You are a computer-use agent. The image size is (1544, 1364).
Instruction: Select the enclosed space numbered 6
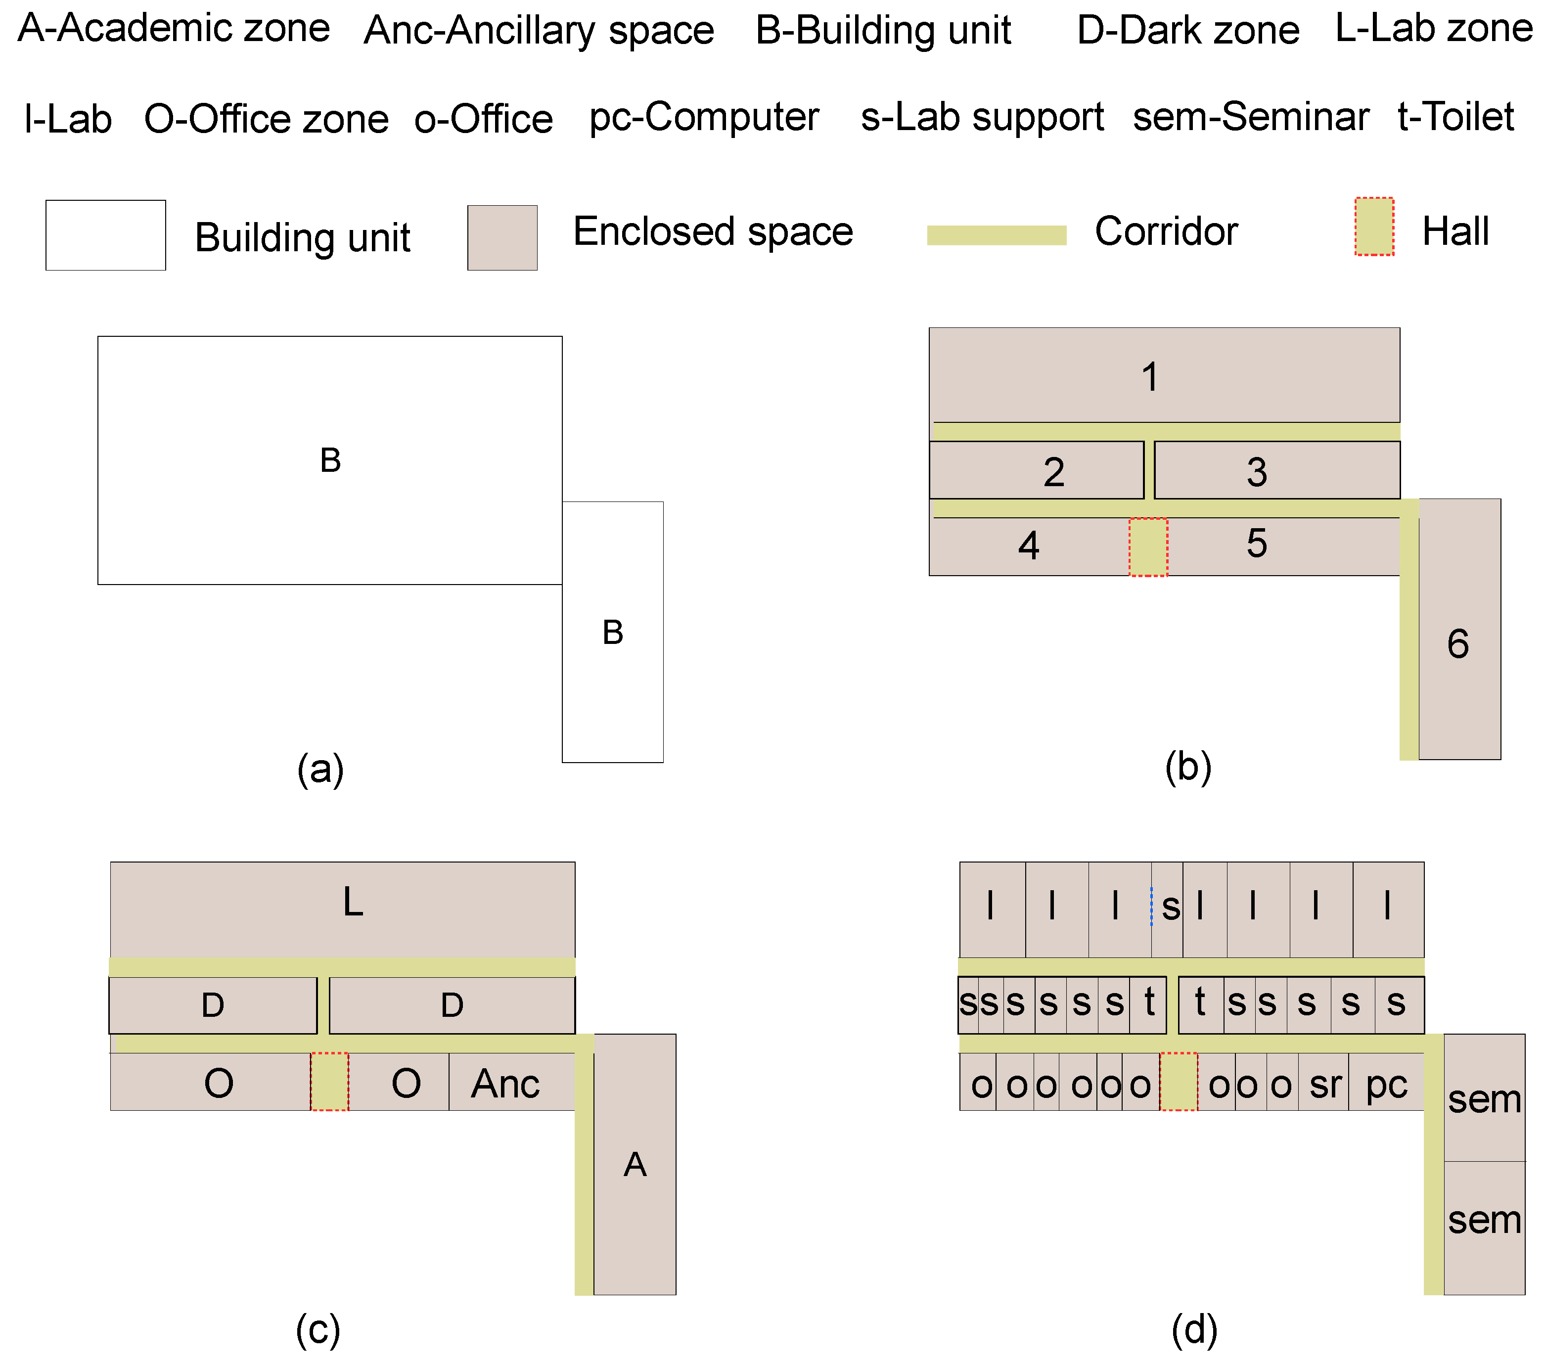tap(1458, 629)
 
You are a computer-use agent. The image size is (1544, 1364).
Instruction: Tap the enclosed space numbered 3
tap(1276, 470)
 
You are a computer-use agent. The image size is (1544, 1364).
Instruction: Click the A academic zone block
tap(635, 1164)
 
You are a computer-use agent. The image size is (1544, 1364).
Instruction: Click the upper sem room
tap(1484, 1097)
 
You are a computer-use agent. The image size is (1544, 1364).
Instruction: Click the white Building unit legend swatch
tap(106, 235)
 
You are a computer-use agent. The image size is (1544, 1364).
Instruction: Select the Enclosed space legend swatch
tap(502, 237)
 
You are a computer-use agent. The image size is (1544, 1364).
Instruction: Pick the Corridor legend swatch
tap(997, 235)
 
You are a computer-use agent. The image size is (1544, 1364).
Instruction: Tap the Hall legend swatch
tap(1374, 227)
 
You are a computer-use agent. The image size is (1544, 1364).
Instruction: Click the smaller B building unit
tap(613, 632)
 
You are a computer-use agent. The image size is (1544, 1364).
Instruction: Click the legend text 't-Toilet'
tap(1455, 117)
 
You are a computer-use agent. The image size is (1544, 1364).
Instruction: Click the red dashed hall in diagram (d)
tap(1179, 1082)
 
